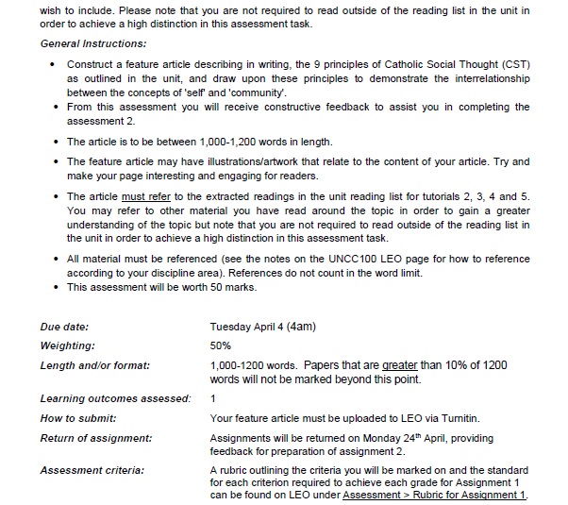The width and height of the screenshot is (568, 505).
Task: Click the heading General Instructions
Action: coord(93,44)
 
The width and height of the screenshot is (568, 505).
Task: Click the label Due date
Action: coord(62,328)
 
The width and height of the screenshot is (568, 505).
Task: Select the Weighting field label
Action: coord(67,345)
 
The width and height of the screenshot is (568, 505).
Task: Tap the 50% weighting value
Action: coord(221,345)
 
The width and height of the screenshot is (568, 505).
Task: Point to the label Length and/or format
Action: coord(95,365)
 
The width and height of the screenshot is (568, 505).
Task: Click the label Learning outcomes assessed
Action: coord(115,399)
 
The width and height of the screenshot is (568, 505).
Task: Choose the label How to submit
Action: coord(78,418)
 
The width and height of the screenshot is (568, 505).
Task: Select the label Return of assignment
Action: coord(96,438)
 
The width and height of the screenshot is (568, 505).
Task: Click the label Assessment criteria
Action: coord(92,469)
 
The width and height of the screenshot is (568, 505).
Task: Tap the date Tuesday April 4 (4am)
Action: coord(262,328)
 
